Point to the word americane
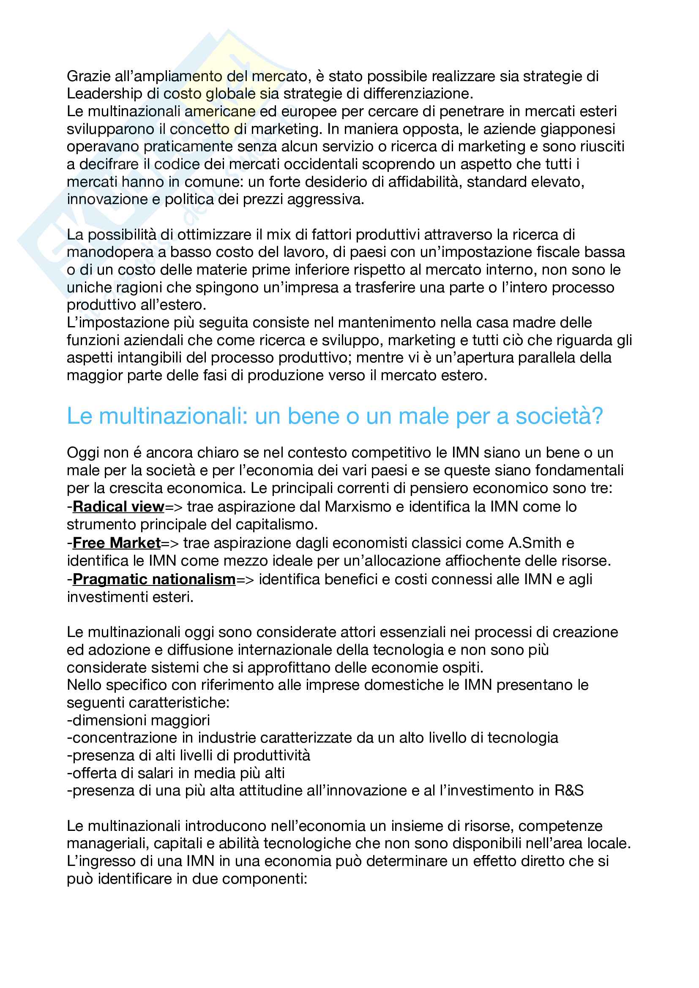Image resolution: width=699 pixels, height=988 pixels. (220, 112)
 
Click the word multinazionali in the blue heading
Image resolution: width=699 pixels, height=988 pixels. (173, 416)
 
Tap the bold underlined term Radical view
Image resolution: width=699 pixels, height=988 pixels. (118, 507)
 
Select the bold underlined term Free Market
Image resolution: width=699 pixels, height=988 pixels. (116, 543)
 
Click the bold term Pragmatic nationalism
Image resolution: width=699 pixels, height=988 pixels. (154, 580)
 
